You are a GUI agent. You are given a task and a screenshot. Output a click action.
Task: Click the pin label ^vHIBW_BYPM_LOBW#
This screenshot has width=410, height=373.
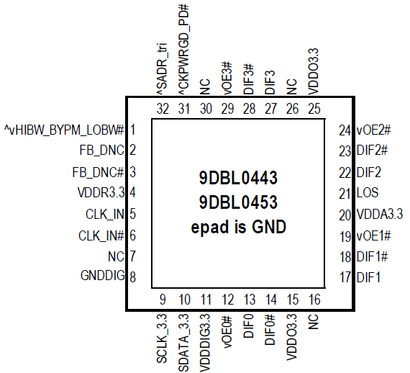point(65,130)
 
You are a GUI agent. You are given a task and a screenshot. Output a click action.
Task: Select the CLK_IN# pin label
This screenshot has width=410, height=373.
point(101,235)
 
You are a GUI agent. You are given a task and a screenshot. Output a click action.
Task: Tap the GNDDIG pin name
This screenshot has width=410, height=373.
point(103,276)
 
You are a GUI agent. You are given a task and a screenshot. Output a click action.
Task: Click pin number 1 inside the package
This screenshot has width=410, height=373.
point(134,130)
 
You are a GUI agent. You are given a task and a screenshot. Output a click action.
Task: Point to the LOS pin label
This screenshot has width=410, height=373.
point(367,193)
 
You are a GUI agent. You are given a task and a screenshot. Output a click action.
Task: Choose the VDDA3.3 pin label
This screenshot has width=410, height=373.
point(379,214)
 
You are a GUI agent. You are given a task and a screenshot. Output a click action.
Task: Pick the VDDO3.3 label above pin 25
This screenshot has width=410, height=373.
point(313,70)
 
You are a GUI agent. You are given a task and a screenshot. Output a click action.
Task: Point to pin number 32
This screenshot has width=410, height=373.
point(162,109)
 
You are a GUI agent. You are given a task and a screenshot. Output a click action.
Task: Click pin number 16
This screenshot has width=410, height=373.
point(314,299)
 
